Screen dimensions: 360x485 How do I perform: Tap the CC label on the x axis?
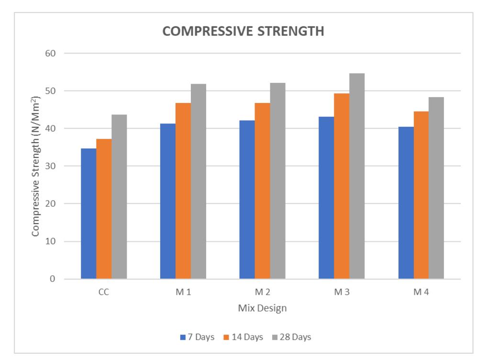[x=104, y=292]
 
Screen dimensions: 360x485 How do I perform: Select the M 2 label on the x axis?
[x=262, y=292]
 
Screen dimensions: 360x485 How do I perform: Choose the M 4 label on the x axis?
[x=421, y=292]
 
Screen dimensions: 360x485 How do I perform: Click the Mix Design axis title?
[x=262, y=308]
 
